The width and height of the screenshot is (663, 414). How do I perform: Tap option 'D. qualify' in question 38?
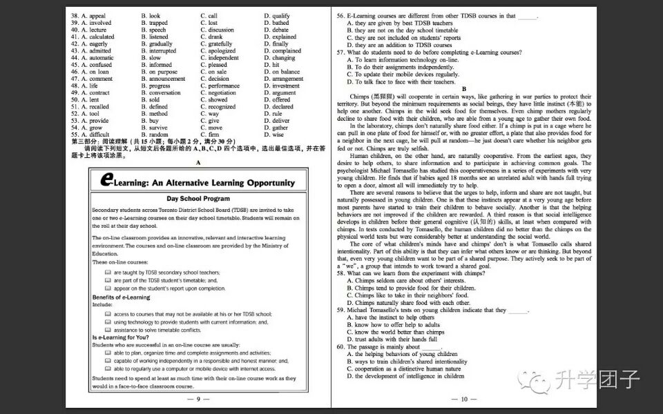pos(277,15)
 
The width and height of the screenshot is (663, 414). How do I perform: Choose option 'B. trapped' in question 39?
pos(155,23)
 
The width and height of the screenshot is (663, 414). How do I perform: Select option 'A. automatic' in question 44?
pos(93,58)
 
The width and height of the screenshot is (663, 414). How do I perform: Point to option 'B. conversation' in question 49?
pos(161,92)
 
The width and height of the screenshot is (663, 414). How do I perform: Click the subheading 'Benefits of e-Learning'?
pos(122,297)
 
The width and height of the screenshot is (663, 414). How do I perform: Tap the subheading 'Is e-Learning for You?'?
pos(120,337)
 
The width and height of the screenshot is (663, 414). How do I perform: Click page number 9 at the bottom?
pos(198,399)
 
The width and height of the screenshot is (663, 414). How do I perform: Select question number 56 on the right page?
pos(340,15)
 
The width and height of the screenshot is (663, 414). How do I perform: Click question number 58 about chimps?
pos(340,273)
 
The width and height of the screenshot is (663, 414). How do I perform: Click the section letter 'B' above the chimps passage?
pos(464,89)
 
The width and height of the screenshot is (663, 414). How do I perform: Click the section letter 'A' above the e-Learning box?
pos(198,162)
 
